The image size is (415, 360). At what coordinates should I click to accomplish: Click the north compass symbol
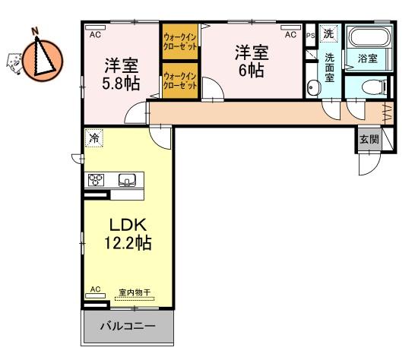43,59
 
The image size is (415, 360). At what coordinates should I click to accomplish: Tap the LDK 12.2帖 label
128,234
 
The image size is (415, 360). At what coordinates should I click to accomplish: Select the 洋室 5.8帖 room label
121,74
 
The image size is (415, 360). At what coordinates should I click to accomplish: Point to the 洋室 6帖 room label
252,61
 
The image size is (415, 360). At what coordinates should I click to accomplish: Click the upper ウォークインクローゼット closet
180,42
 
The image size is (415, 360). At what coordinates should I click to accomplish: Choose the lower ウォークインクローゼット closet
180,81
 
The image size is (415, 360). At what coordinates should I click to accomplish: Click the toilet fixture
374,87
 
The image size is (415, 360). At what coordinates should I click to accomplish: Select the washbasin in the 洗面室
314,87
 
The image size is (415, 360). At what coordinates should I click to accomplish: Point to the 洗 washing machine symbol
328,33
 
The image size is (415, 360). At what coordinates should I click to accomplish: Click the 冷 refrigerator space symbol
94,138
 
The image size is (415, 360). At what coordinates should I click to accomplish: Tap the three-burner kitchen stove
96,180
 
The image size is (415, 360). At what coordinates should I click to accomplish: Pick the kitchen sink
127,180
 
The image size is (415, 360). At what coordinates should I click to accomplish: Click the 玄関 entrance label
369,139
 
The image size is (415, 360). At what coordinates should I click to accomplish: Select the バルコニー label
128,326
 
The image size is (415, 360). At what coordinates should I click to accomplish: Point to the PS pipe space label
310,36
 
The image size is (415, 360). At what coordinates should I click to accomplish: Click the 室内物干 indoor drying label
135,293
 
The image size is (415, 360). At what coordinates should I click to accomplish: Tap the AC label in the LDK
95,289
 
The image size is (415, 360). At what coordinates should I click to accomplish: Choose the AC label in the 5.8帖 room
95,35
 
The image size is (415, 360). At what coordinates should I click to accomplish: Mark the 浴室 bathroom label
367,58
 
